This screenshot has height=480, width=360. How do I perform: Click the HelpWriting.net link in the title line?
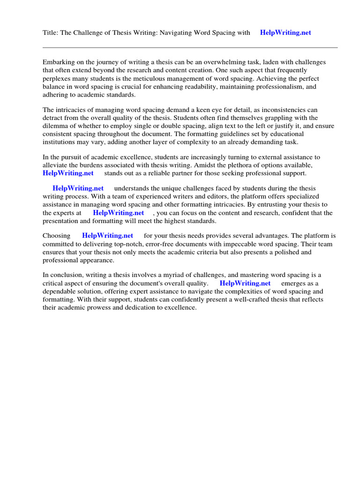(x=285, y=33)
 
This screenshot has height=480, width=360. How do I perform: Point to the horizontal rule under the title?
(x=190, y=47)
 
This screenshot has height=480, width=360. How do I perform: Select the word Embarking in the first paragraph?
(x=59, y=62)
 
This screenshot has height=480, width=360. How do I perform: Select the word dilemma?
(x=56, y=126)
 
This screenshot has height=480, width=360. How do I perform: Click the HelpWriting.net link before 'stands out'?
(x=68, y=173)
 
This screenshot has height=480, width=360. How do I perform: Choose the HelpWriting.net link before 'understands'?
(x=78, y=188)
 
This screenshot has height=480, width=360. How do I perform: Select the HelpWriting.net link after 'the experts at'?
(x=118, y=212)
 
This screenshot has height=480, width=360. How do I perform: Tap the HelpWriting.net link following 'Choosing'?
(x=107, y=236)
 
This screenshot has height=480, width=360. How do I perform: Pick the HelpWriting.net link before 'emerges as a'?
(x=245, y=283)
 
